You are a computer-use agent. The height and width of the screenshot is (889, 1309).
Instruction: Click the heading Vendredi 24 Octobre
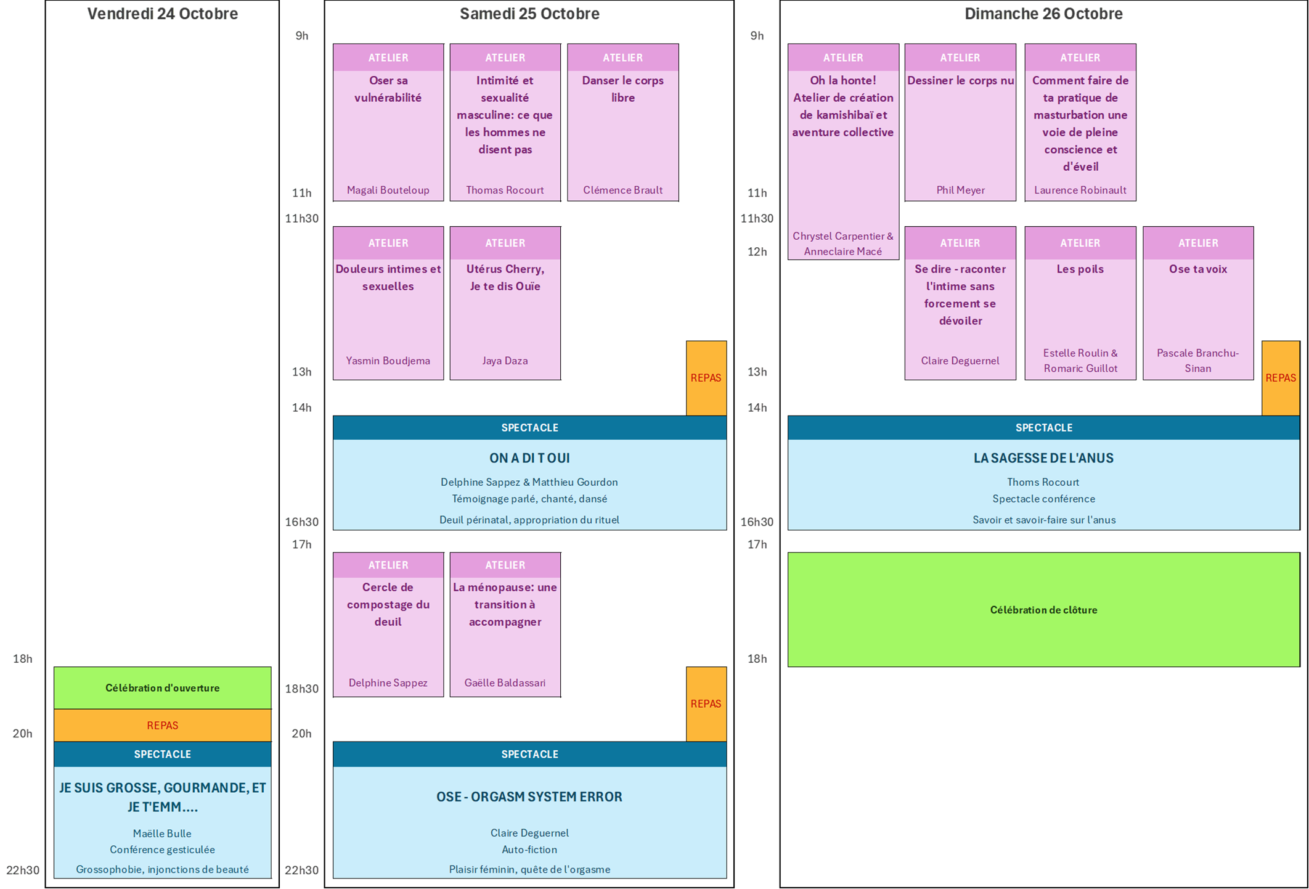tap(162, 14)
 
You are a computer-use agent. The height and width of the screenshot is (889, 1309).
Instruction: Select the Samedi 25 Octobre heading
tap(529, 14)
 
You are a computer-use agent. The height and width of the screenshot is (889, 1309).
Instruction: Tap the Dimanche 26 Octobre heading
tap(1043, 14)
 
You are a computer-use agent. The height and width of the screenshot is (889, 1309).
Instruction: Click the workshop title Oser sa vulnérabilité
tap(388, 89)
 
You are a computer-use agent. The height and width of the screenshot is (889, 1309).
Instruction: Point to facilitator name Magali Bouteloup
tap(388, 190)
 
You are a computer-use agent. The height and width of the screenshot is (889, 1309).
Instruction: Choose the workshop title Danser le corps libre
tap(622, 89)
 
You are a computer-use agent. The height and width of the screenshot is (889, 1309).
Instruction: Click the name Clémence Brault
tap(622, 190)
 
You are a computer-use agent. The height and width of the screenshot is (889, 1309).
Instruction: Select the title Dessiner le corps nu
tap(960, 80)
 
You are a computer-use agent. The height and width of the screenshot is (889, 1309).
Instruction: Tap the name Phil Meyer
tap(960, 190)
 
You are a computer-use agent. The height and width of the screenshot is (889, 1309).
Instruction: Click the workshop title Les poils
tap(1080, 269)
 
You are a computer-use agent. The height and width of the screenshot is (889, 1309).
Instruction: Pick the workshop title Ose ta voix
tap(1197, 269)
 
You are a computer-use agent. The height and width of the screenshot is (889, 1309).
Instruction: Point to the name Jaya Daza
tap(505, 361)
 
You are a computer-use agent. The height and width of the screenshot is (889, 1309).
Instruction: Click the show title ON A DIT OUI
tap(529, 458)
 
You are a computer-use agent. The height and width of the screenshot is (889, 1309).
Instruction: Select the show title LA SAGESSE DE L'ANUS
tap(1043, 458)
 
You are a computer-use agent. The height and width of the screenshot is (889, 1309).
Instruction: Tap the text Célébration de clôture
tap(1043, 610)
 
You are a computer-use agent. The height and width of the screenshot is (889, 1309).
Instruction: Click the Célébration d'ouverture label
tap(162, 688)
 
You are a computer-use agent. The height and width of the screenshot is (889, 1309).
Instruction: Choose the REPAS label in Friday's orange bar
tap(162, 726)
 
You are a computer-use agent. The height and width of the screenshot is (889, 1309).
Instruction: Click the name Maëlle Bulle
tap(162, 834)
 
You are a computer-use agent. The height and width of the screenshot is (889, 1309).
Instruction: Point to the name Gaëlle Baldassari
tap(505, 682)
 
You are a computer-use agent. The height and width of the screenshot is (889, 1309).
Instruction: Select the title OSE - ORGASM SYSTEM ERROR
tap(529, 797)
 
